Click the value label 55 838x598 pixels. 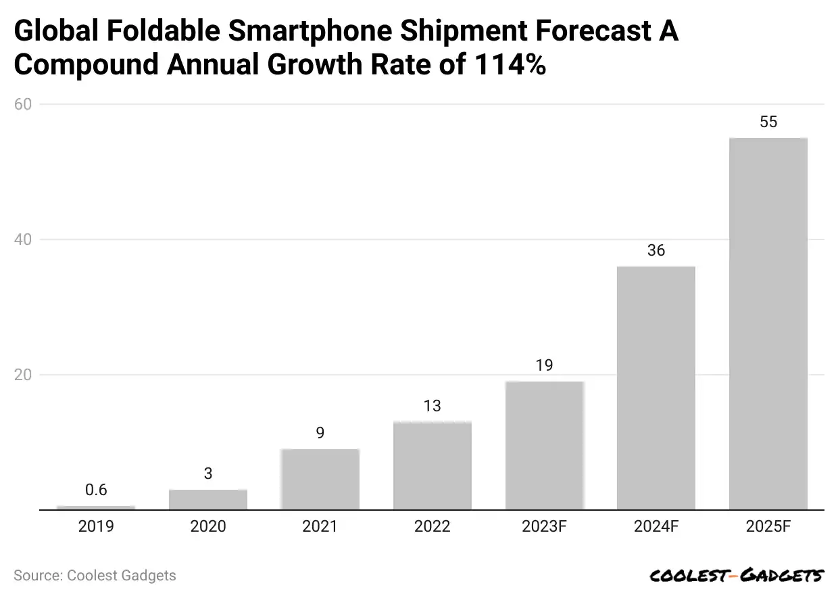768,122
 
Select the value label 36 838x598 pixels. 656,251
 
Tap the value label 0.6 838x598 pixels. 96,490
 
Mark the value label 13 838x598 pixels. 432,406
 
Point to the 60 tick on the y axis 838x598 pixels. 25,104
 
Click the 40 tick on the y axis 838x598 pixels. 25,239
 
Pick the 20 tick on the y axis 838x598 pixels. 25,375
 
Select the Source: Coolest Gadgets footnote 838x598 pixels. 95,576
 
